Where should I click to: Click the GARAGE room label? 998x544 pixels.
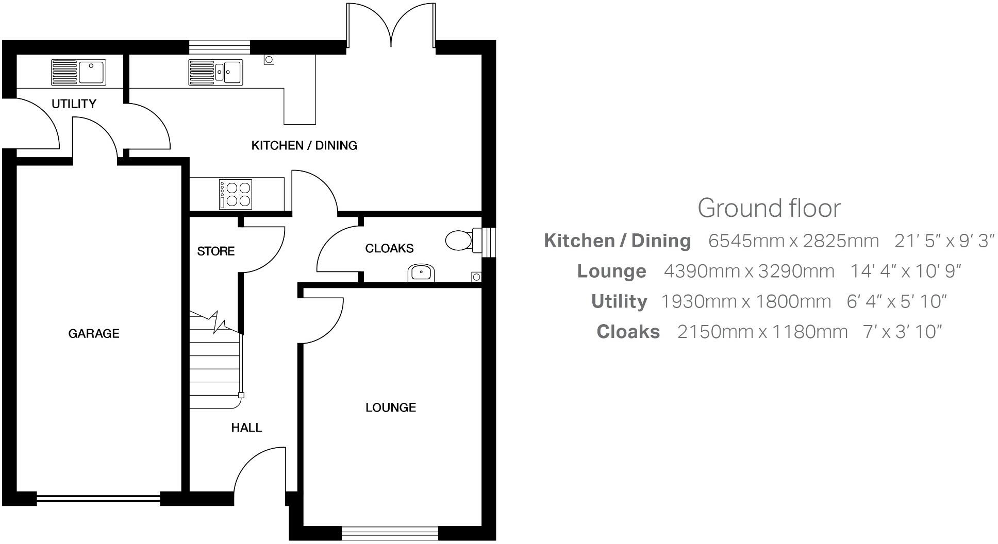[x=93, y=334]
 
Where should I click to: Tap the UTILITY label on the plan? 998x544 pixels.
[x=74, y=104]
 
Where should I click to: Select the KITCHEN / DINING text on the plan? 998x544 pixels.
[x=304, y=146]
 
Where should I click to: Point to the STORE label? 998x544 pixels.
[x=215, y=251]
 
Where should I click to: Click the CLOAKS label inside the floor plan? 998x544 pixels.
[x=389, y=249]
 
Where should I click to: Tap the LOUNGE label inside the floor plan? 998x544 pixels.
[x=390, y=408]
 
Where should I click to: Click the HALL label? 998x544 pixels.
[x=246, y=428]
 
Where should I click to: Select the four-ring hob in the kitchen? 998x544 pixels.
[x=236, y=194]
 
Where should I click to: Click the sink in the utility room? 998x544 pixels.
[x=78, y=72]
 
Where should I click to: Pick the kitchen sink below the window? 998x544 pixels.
[x=216, y=72]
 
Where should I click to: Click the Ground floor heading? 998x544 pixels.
[x=769, y=208]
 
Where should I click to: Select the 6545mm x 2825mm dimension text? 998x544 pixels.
[x=793, y=241]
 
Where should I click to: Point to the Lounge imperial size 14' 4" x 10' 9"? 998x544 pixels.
[x=905, y=271]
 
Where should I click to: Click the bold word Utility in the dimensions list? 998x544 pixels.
[x=619, y=301]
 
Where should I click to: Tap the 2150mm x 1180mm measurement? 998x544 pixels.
[x=762, y=332]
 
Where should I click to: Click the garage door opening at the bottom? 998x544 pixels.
[x=98, y=498]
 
